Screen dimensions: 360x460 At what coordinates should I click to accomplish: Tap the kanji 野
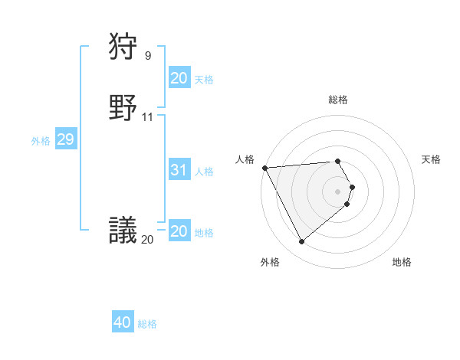123,108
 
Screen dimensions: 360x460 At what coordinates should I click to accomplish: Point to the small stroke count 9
148,55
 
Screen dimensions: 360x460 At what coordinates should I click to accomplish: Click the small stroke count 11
148,117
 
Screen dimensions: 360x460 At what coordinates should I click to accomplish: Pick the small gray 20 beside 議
147,239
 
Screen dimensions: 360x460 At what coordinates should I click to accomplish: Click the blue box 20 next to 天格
179,78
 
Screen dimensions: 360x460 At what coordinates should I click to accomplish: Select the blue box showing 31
179,170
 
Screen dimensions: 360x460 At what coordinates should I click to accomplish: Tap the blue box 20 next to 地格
179,231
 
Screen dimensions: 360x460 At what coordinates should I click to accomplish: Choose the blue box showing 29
65,139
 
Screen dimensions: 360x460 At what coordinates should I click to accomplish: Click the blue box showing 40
123,322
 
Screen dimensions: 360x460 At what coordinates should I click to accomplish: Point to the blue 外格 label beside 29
41,141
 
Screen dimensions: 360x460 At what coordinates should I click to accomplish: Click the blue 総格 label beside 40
147,324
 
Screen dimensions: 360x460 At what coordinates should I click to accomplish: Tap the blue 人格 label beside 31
204,172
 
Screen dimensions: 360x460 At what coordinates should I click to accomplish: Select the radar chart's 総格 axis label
338,100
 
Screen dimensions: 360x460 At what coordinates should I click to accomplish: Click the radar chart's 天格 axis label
431,159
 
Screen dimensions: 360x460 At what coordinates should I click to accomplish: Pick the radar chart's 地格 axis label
402,262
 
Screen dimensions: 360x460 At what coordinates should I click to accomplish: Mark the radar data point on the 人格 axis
264,168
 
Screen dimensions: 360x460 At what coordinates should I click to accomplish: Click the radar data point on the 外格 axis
301,242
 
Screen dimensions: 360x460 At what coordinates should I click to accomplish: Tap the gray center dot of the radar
338,191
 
